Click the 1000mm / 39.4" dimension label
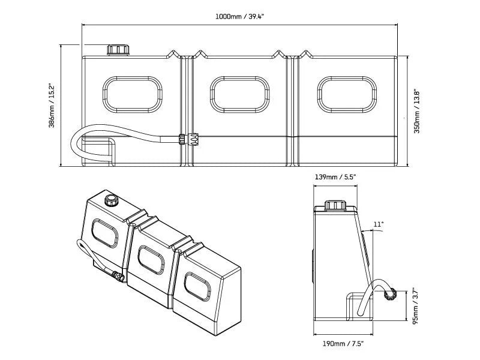pos(240,16)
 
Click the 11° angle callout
pos(377,224)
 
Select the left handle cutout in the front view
pos(133,93)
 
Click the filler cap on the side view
pos(335,205)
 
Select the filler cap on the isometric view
pos(110,200)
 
